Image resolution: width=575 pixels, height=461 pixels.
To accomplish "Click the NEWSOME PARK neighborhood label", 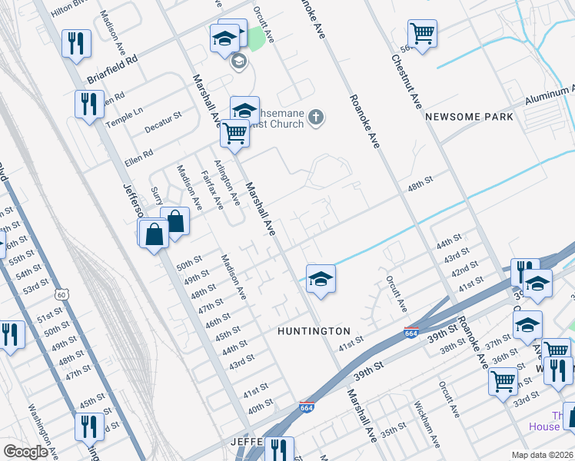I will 468,117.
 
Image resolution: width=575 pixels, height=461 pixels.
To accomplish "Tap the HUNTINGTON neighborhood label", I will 314,330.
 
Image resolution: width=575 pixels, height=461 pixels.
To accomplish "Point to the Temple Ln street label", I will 125,111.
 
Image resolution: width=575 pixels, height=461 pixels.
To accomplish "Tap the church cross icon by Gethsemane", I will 314,118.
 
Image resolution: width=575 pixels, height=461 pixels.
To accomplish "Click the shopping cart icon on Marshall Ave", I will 234,133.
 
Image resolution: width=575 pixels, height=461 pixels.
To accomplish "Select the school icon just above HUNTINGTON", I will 321,279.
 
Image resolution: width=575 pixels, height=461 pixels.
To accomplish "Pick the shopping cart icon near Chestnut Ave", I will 421,34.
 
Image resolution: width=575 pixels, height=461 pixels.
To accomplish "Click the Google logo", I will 26,452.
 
